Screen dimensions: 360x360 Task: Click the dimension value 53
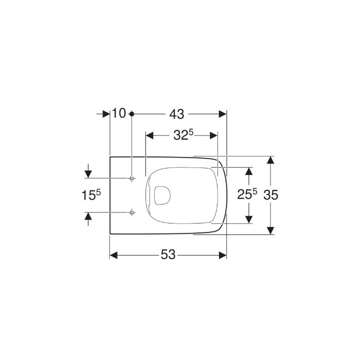[x=168, y=255]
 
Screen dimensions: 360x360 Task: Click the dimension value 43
[x=176, y=114]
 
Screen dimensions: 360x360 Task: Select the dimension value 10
[x=118, y=114]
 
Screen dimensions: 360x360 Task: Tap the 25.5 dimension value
[x=247, y=194]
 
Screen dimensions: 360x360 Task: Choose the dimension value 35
[x=270, y=194]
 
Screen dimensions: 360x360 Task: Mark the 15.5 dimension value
[x=91, y=195]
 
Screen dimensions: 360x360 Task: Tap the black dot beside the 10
[x=131, y=114]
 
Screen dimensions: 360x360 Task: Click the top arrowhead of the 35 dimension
[x=270, y=160]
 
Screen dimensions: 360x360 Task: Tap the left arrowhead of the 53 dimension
[x=113, y=255]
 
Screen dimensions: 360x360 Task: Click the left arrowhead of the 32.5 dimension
[x=148, y=135]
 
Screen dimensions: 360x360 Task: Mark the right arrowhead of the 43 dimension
[x=223, y=114]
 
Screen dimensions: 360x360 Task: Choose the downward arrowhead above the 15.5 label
[x=88, y=174]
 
